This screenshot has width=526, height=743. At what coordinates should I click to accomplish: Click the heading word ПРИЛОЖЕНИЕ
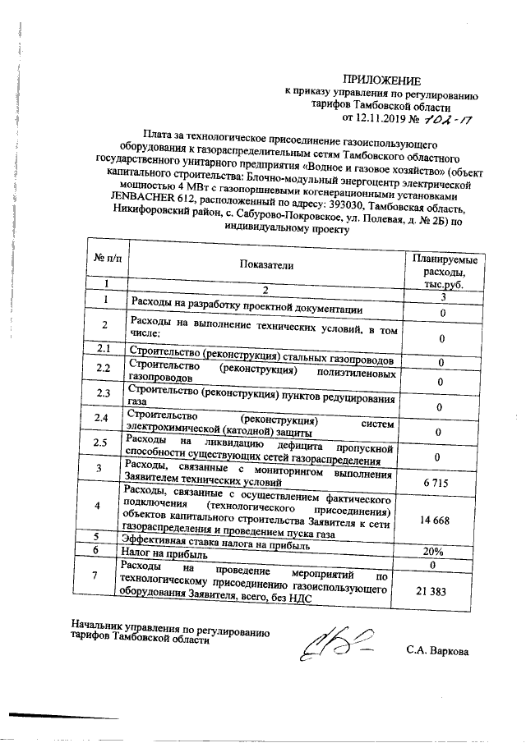[x=381, y=80]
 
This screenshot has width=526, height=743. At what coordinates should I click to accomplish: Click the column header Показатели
[x=265, y=265]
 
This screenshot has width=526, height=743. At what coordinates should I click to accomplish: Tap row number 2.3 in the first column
[x=103, y=394]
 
